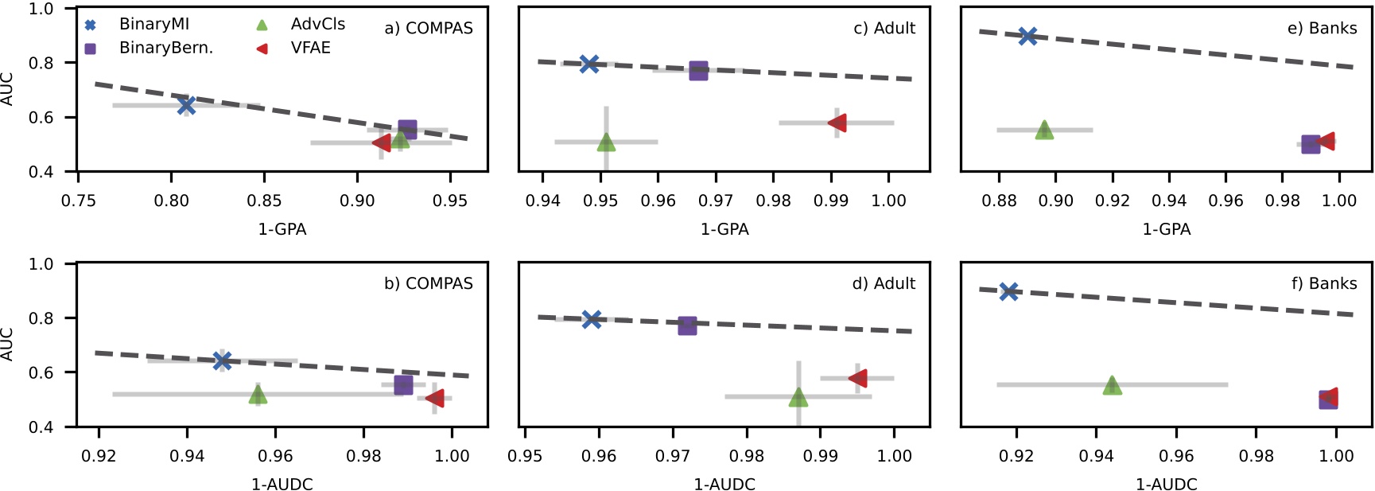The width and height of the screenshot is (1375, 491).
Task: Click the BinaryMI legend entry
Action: [153, 25]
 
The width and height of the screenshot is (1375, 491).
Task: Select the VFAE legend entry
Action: [310, 48]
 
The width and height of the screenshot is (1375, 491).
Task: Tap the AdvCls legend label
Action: [318, 25]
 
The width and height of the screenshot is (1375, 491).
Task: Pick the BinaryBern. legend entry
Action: [165, 48]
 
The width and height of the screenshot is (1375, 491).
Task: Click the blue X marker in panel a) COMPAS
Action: [186, 105]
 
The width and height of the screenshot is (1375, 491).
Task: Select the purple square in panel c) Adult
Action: [698, 70]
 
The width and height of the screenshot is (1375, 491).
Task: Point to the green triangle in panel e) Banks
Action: [1044, 130]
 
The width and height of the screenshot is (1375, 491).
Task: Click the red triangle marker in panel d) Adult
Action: [858, 378]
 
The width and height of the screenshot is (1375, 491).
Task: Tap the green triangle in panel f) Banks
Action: [1112, 385]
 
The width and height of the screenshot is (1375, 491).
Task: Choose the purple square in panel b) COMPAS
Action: [403, 384]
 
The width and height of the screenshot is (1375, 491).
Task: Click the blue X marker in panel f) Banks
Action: [1008, 291]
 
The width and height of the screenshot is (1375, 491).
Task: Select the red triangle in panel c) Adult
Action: [837, 123]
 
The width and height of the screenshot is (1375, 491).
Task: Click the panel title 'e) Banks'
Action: [1322, 28]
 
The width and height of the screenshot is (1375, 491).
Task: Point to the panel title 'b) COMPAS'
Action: [428, 283]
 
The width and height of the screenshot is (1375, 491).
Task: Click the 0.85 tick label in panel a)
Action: [264, 201]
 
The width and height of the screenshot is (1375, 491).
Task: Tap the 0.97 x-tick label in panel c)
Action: [716, 201]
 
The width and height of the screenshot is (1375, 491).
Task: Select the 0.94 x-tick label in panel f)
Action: [1096, 457]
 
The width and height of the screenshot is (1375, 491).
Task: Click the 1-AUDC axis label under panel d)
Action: [724, 484]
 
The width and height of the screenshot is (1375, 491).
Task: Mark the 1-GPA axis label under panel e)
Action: [1166, 229]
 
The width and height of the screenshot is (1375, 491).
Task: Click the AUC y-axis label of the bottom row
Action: [8, 344]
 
